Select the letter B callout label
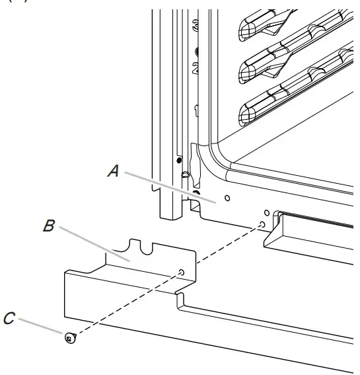(48, 226)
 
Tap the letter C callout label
(8, 319)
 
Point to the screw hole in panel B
(181, 272)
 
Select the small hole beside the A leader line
(227, 197)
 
